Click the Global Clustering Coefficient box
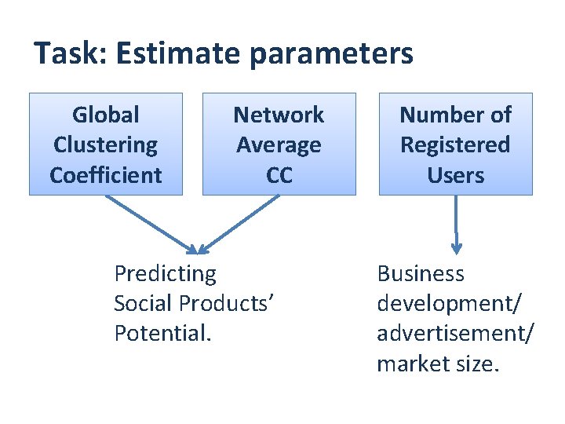pos(106,144)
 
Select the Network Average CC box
pos(279,144)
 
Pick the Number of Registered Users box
pos(456,144)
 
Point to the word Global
pos(106,115)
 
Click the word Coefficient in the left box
pos(106,175)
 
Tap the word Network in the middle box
pos(279,115)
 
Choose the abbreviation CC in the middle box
pos(279,175)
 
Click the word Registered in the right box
pos(455,145)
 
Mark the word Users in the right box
pos(456,175)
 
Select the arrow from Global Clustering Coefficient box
pos(151,224)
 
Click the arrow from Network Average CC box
pos(239,224)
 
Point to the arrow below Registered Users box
pos(457,225)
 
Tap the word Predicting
pos(165,274)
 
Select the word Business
pos(421,274)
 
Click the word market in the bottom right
pos(410,364)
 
